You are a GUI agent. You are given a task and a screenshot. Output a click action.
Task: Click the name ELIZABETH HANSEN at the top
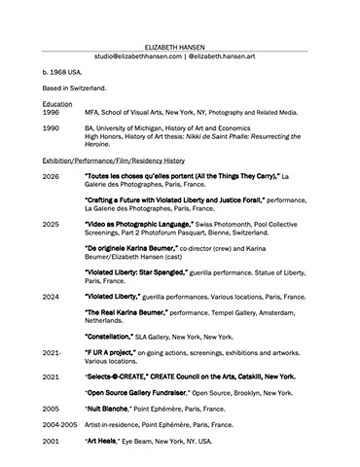pyautogui.click(x=179, y=46)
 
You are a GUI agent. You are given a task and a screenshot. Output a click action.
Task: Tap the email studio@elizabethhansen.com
pyautogui.click(x=139, y=56)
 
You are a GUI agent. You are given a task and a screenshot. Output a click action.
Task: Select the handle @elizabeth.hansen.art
pyautogui.click(x=227, y=56)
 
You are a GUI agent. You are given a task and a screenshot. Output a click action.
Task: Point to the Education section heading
pyautogui.click(x=57, y=103)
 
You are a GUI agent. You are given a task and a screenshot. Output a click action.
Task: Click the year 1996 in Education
pyautogui.click(x=51, y=112)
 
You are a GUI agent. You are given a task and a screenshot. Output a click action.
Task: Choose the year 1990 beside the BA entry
pyautogui.click(x=51, y=128)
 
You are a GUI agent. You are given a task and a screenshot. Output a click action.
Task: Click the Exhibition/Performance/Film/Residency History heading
pyautogui.click(x=113, y=160)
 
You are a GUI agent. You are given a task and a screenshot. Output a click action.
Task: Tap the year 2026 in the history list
pyautogui.click(x=51, y=176)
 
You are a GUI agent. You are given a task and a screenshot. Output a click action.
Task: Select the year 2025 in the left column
pyautogui.click(x=51, y=224)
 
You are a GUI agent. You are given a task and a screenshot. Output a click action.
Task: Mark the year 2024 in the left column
pyautogui.click(x=51, y=296)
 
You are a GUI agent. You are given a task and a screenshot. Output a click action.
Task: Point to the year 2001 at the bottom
pyautogui.click(x=51, y=441)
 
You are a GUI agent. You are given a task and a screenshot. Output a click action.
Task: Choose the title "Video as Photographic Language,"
pyautogui.click(x=144, y=224)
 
